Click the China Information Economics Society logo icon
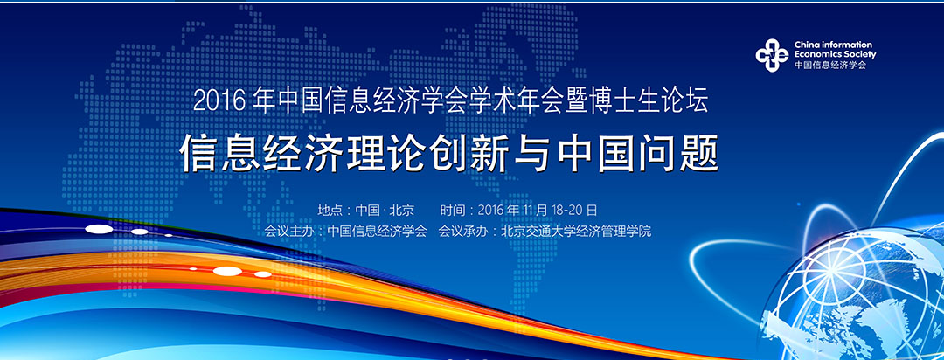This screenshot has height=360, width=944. pyautogui.click(x=772, y=55)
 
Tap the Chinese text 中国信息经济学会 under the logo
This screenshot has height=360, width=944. pyautogui.click(x=830, y=65)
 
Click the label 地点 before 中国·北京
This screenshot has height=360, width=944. pyautogui.click(x=330, y=210)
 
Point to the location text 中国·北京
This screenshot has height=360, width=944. pyautogui.click(x=384, y=210)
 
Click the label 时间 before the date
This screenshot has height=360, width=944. pyautogui.click(x=453, y=210)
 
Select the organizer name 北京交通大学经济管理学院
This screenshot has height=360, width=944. pyautogui.click(x=576, y=232)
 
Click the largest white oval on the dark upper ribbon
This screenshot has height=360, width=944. pyautogui.click(x=100, y=229)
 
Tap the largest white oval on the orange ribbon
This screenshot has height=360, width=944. pyautogui.click(x=227, y=271)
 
